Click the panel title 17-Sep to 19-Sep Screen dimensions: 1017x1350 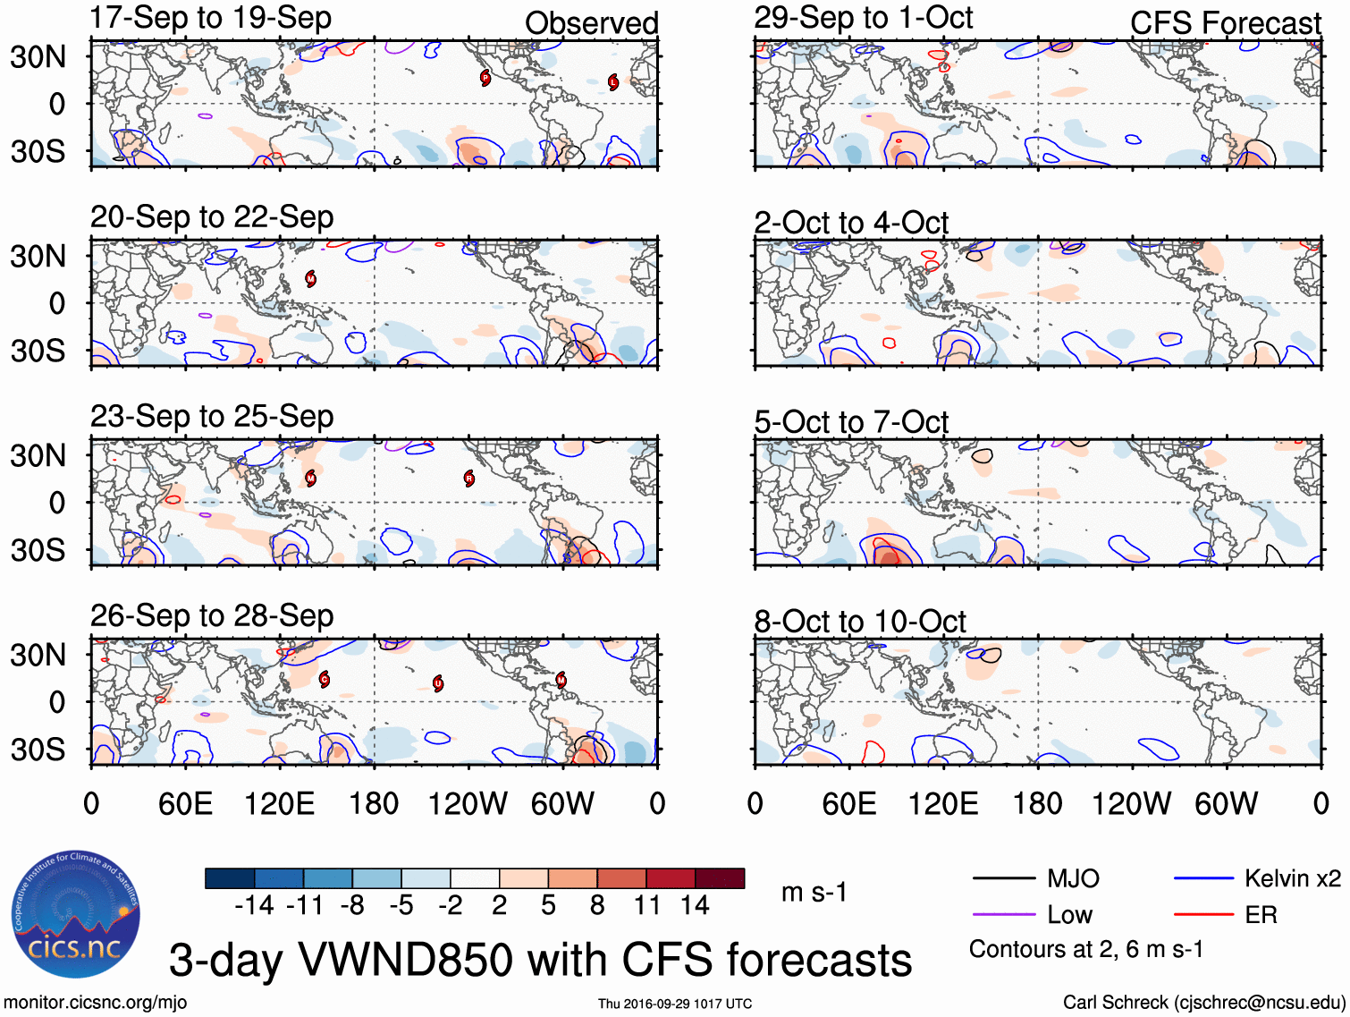point(211,18)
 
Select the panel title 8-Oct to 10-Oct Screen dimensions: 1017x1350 point(859,621)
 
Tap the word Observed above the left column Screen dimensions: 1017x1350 point(591,23)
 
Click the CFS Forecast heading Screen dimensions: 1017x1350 point(1225,23)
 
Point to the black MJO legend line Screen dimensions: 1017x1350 point(1003,878)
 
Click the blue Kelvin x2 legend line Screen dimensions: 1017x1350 point(1203,878)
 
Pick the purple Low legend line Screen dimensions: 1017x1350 point(1003,915)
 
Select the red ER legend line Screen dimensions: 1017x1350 point(1203,915)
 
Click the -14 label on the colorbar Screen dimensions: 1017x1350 point(254,906)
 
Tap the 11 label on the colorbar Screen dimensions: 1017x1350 point(646,906)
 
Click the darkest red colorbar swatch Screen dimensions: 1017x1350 point(720,878)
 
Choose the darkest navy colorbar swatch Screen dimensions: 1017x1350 point(230,878)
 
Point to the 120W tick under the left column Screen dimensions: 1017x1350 point(468,803)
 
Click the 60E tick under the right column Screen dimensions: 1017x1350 point(849,803)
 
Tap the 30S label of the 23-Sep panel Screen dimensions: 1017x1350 point(38,550)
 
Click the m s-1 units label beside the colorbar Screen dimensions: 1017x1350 point(814,892)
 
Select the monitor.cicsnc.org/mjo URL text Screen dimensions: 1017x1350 point(96,1003)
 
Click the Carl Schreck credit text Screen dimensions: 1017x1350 point(1203,1003)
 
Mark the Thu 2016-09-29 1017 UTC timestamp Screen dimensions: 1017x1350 point(675,1004)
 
